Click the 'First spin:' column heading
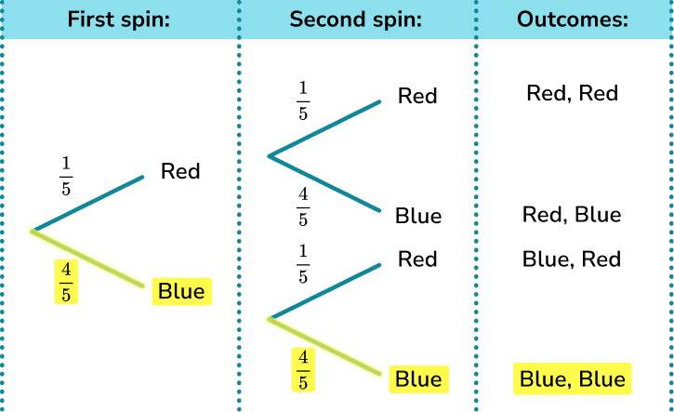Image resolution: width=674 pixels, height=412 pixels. pyautogui.click(x=118, y=20)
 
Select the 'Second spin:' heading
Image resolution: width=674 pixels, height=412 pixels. pyautogui.click(x=357, y=20)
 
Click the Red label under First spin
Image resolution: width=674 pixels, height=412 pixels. pyautogui.click(x=180, y=171)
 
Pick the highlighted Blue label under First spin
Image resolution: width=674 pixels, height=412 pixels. pyautogui.click(x=181, y=291)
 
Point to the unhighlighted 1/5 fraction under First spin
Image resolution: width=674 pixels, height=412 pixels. pyautogui.click(x=66, y=177)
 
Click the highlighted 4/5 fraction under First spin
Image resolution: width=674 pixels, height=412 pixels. pyautogui.click(x=66, y=281)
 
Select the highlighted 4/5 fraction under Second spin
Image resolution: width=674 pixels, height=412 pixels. pyautogui.click(x=303, y=369)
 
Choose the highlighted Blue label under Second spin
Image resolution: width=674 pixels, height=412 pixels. pyautogui.click(x=418, y=379)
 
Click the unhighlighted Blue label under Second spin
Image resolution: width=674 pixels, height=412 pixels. pyautogui.click(x=418, y=216)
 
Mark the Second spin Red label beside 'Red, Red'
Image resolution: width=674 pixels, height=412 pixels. pyautogui.click(x=417, y=96)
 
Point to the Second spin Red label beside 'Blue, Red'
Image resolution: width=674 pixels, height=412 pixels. pyautogui.click(x=417, y=259)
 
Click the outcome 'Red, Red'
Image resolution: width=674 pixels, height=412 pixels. pyautogui.click(x=572, y=93)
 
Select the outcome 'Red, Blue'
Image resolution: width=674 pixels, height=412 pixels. pyautogui.click(x=572, y=215)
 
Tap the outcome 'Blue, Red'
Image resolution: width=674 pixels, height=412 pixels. pyautogui.click(x=572, y=259)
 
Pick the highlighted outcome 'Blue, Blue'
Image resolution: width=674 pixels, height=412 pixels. pyautogui.click(x=572, y=379)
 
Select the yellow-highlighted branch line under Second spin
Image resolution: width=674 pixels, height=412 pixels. pyautogui.click(x=325, y=347)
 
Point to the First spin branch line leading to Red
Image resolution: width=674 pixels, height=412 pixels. pyautogui.click(x=88, y=202)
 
